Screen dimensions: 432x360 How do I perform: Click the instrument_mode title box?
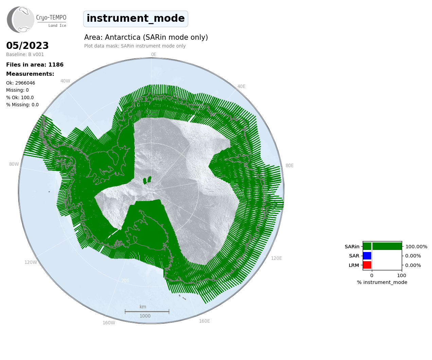(136, 19)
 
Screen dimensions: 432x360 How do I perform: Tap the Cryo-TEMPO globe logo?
(20, 20)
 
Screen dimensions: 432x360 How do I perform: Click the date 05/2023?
(27, 46)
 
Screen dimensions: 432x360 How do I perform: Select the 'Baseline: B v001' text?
(25, 54)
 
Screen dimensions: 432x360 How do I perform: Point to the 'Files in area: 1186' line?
(35, 65)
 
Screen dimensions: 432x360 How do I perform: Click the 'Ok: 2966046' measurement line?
(20, 83)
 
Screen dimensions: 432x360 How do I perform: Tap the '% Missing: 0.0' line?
(22, 105)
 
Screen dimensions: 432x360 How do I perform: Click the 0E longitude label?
(154, 54)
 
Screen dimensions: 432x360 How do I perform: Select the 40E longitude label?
(241, 87)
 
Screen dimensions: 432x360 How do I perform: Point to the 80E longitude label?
(289, 165)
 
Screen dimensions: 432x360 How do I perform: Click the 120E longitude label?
(276, 258)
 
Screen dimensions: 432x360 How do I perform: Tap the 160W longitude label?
(109, 323)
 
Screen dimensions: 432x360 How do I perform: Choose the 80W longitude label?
(14, 164)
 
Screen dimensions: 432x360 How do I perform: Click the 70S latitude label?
(125, 281)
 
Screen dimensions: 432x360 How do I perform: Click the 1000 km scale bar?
(147, 311)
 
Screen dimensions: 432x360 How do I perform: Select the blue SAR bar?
(367, 256)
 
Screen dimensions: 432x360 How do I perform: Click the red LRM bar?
(367, 265)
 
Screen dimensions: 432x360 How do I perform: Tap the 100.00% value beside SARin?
(416, 247)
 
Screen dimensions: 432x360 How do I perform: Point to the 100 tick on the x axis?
(401, 275)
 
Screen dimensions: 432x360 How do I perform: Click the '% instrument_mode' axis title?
(382, 283)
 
